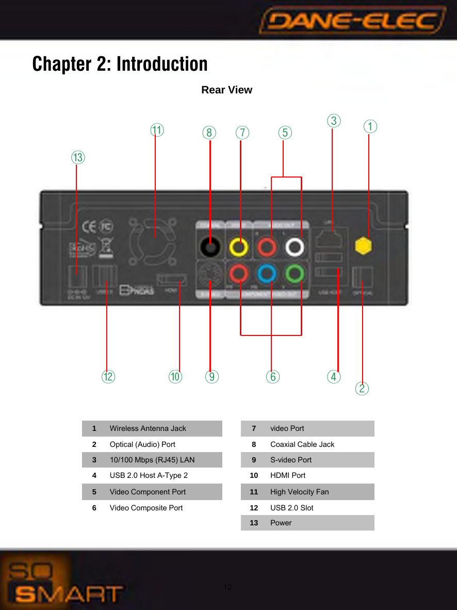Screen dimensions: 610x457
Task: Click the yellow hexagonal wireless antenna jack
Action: [x=364, y=246]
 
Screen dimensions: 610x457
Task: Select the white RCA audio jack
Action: [x=295, y=247]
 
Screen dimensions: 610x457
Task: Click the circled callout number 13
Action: [x=78, y=157]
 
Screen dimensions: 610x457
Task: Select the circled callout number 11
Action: [x=157, y=130]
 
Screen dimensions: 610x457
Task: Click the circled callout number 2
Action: [x=362, y=388]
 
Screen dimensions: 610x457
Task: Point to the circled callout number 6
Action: [x=272, y=377]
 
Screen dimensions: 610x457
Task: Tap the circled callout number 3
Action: [x=334, y=121]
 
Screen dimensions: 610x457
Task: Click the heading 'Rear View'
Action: [x=226, y=90]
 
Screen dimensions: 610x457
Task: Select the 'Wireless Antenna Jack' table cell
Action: [x=148, y=428]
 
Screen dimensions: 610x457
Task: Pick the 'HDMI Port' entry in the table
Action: [x=288, y=475]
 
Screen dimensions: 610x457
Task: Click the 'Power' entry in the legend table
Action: [x=281, y=523]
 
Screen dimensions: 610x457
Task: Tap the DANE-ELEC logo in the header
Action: [x=353, y=22]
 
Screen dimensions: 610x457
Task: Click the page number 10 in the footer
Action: [x=227, y=588]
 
